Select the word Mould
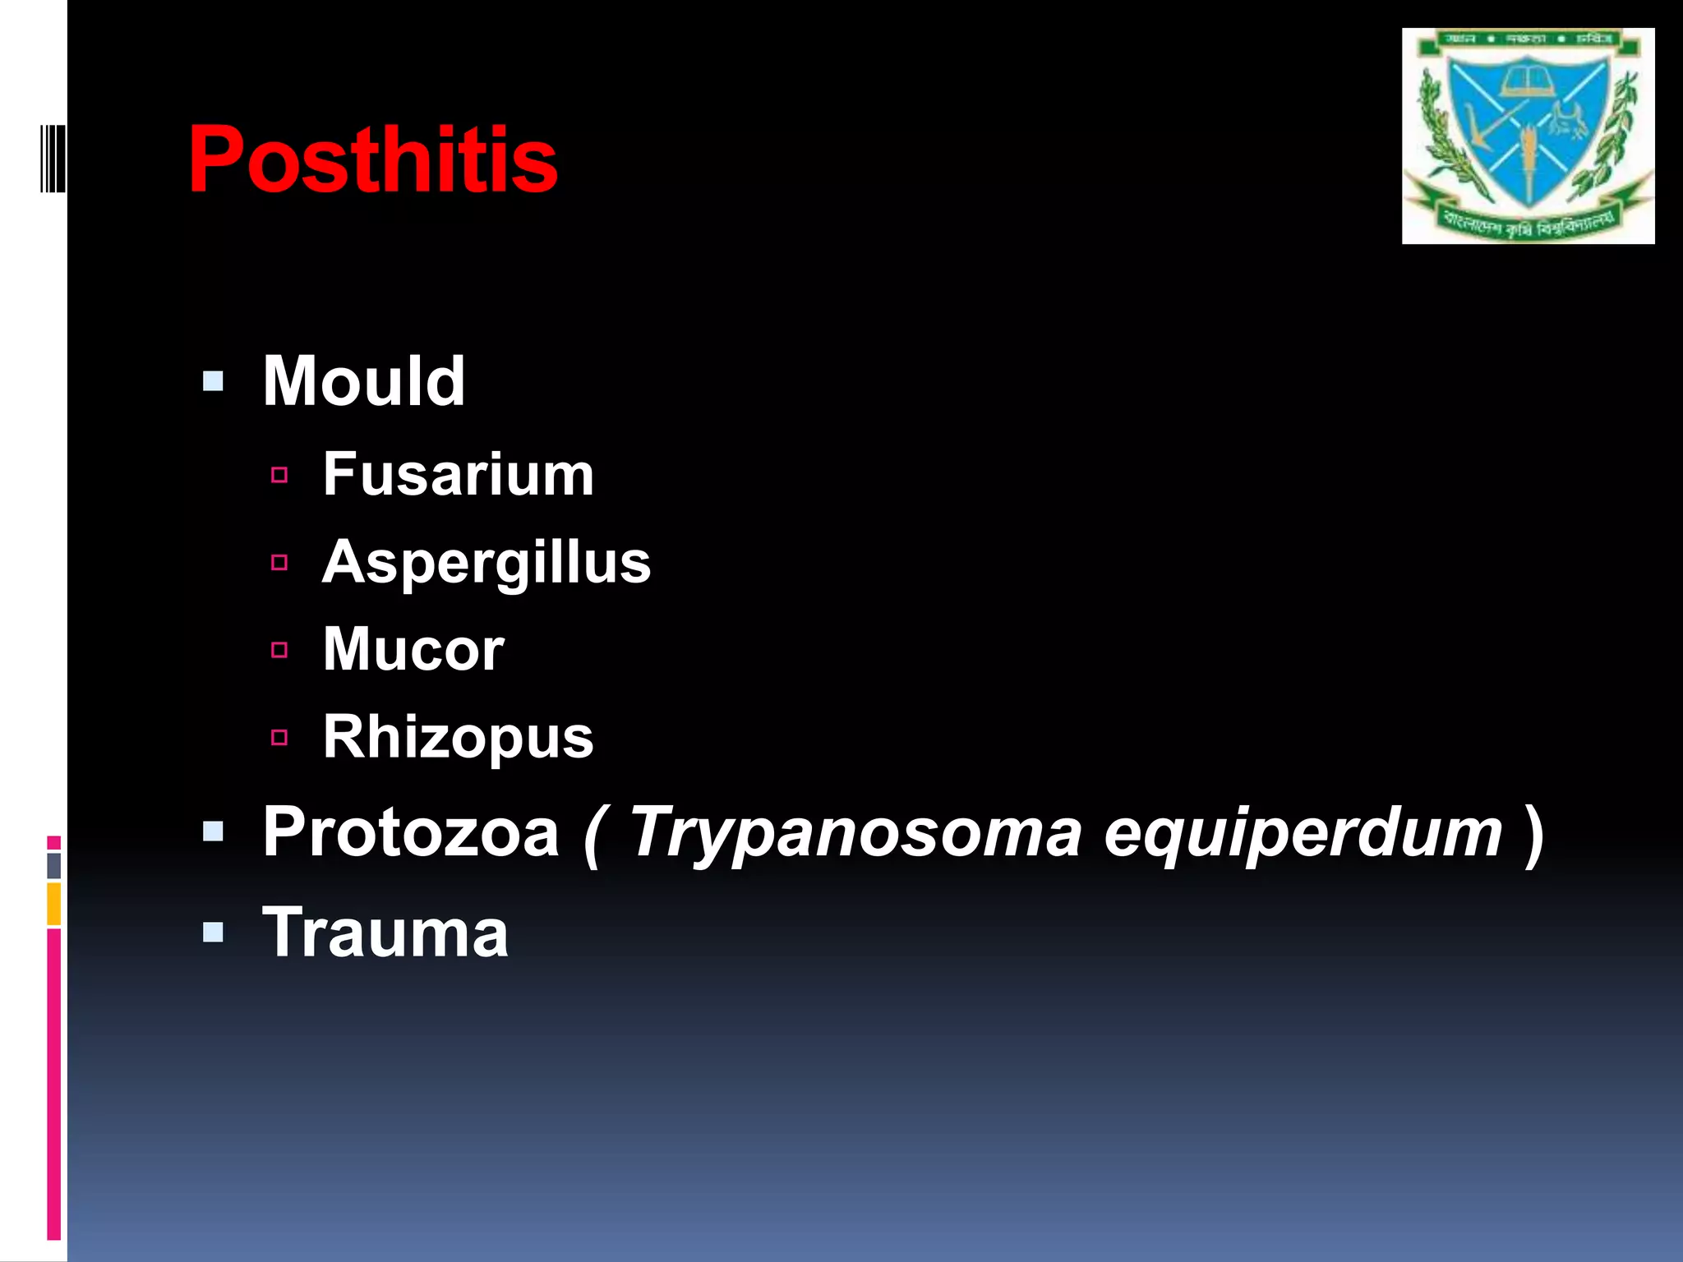[363, 381]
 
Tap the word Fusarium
[458, 475]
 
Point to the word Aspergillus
[486, 563]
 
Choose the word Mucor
[413, 650]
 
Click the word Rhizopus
[458, 737]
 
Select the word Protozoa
[411, 832]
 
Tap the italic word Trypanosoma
[855, 834]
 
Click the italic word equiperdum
[1303, 832]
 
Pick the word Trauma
[385, 933]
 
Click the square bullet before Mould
[213, 381]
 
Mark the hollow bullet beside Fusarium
[279, 475]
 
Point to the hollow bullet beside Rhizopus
[279, 738]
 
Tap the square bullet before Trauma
[213, 933]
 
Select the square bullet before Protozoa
[213, 832]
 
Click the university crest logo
[1528, 136]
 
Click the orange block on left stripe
[53, 904]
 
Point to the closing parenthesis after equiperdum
[1533, 834]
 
